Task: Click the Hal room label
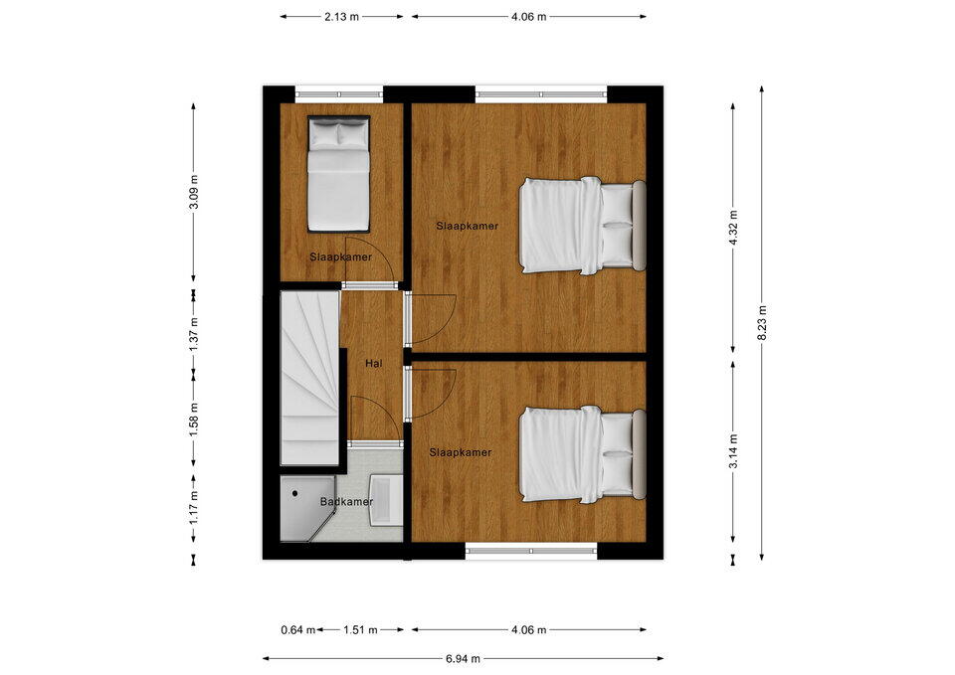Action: coord(373,364)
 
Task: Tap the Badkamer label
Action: coord(346,502)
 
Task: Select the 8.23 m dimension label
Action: coord(762,323)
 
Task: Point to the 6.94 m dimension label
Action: coord(463,658)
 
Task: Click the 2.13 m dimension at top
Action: coord(341,17)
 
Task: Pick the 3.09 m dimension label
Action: coord(194,192)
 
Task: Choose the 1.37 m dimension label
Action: coord(194,334)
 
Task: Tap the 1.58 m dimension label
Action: coord(194,420)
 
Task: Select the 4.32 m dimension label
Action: coord(733,227)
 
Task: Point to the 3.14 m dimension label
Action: coord(733,451)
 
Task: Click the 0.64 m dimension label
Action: coord(298,630)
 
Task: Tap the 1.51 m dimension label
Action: coord(360,630)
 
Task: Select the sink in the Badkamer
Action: coord(385,500)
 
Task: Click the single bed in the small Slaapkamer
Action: coord(338,174)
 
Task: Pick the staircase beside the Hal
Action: coord(309,379)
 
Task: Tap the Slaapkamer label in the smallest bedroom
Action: coord(340,256)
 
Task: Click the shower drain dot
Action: coord(295,494)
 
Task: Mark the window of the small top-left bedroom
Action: coord(339,94)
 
